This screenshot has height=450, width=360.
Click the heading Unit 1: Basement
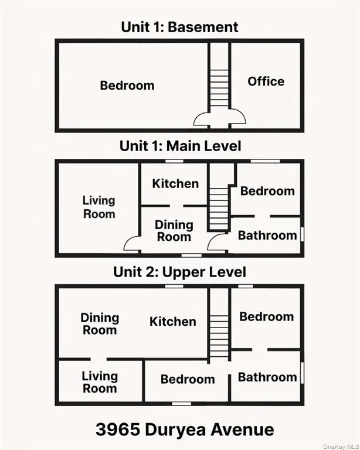(179, 27)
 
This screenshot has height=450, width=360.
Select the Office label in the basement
(266, 81)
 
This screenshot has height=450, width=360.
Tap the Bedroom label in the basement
(127, 86)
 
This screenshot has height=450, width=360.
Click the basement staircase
(219, 88)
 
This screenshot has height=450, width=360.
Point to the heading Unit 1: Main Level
(180, 146)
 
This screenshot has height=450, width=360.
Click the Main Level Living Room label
(99, 207)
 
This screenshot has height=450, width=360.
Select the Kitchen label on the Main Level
(175, 184)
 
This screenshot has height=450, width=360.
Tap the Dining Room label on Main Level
(174, 231)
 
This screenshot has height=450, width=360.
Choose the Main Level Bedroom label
(267, 191)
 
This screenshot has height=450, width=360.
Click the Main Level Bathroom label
(267, 236)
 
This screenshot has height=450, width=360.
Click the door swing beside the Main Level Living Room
(131, 244)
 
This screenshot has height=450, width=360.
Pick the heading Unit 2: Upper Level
(180, 272)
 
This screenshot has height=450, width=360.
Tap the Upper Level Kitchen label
(172, 322)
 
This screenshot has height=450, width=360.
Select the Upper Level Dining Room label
(100, 324)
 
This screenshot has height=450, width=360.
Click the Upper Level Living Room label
(100, 382)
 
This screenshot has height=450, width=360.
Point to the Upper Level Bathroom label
(267, 377)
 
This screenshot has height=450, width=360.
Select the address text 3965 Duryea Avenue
(185, 429)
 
